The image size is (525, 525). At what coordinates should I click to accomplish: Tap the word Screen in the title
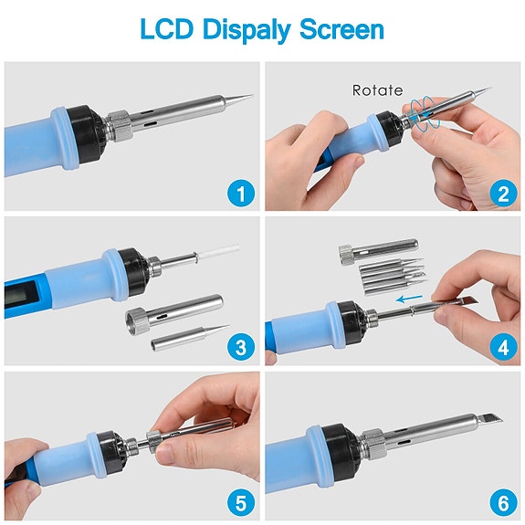click(343, 29)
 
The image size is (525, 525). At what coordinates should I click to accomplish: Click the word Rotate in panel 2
click(377, 90)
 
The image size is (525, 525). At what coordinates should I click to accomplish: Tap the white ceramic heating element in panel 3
click(208, 255)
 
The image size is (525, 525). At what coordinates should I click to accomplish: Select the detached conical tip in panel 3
click(189, 338)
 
